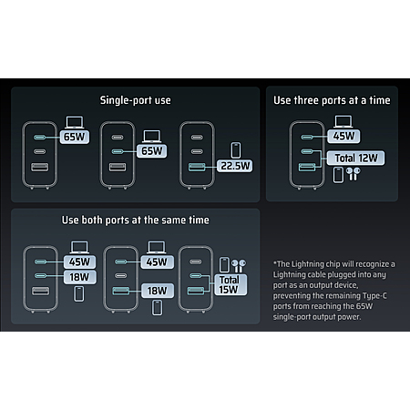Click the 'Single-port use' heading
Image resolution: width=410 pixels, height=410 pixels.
136,100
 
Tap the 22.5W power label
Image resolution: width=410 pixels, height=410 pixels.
234,166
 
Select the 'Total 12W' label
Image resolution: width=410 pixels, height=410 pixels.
355,158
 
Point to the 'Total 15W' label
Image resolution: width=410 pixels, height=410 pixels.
231,284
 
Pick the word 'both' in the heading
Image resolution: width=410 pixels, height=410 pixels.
92,220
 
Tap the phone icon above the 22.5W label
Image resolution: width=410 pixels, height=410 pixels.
236,149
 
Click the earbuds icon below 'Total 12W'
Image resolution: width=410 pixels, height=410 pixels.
354,174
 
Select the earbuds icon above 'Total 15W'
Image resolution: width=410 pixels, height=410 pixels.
239,266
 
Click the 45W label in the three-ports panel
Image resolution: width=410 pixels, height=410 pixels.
343,136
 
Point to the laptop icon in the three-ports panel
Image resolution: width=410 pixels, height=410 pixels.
343,121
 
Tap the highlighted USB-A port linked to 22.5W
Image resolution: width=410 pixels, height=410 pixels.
197,167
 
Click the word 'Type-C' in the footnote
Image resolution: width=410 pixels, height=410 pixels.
374,295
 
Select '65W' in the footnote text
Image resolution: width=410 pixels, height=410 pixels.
364,306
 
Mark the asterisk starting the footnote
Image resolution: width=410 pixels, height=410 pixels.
275,262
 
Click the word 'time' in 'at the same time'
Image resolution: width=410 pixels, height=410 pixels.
199,220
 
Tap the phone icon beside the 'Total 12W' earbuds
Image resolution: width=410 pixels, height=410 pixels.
338,175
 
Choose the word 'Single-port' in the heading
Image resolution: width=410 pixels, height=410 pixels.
126,100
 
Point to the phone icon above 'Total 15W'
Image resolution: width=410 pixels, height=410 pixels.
224,265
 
